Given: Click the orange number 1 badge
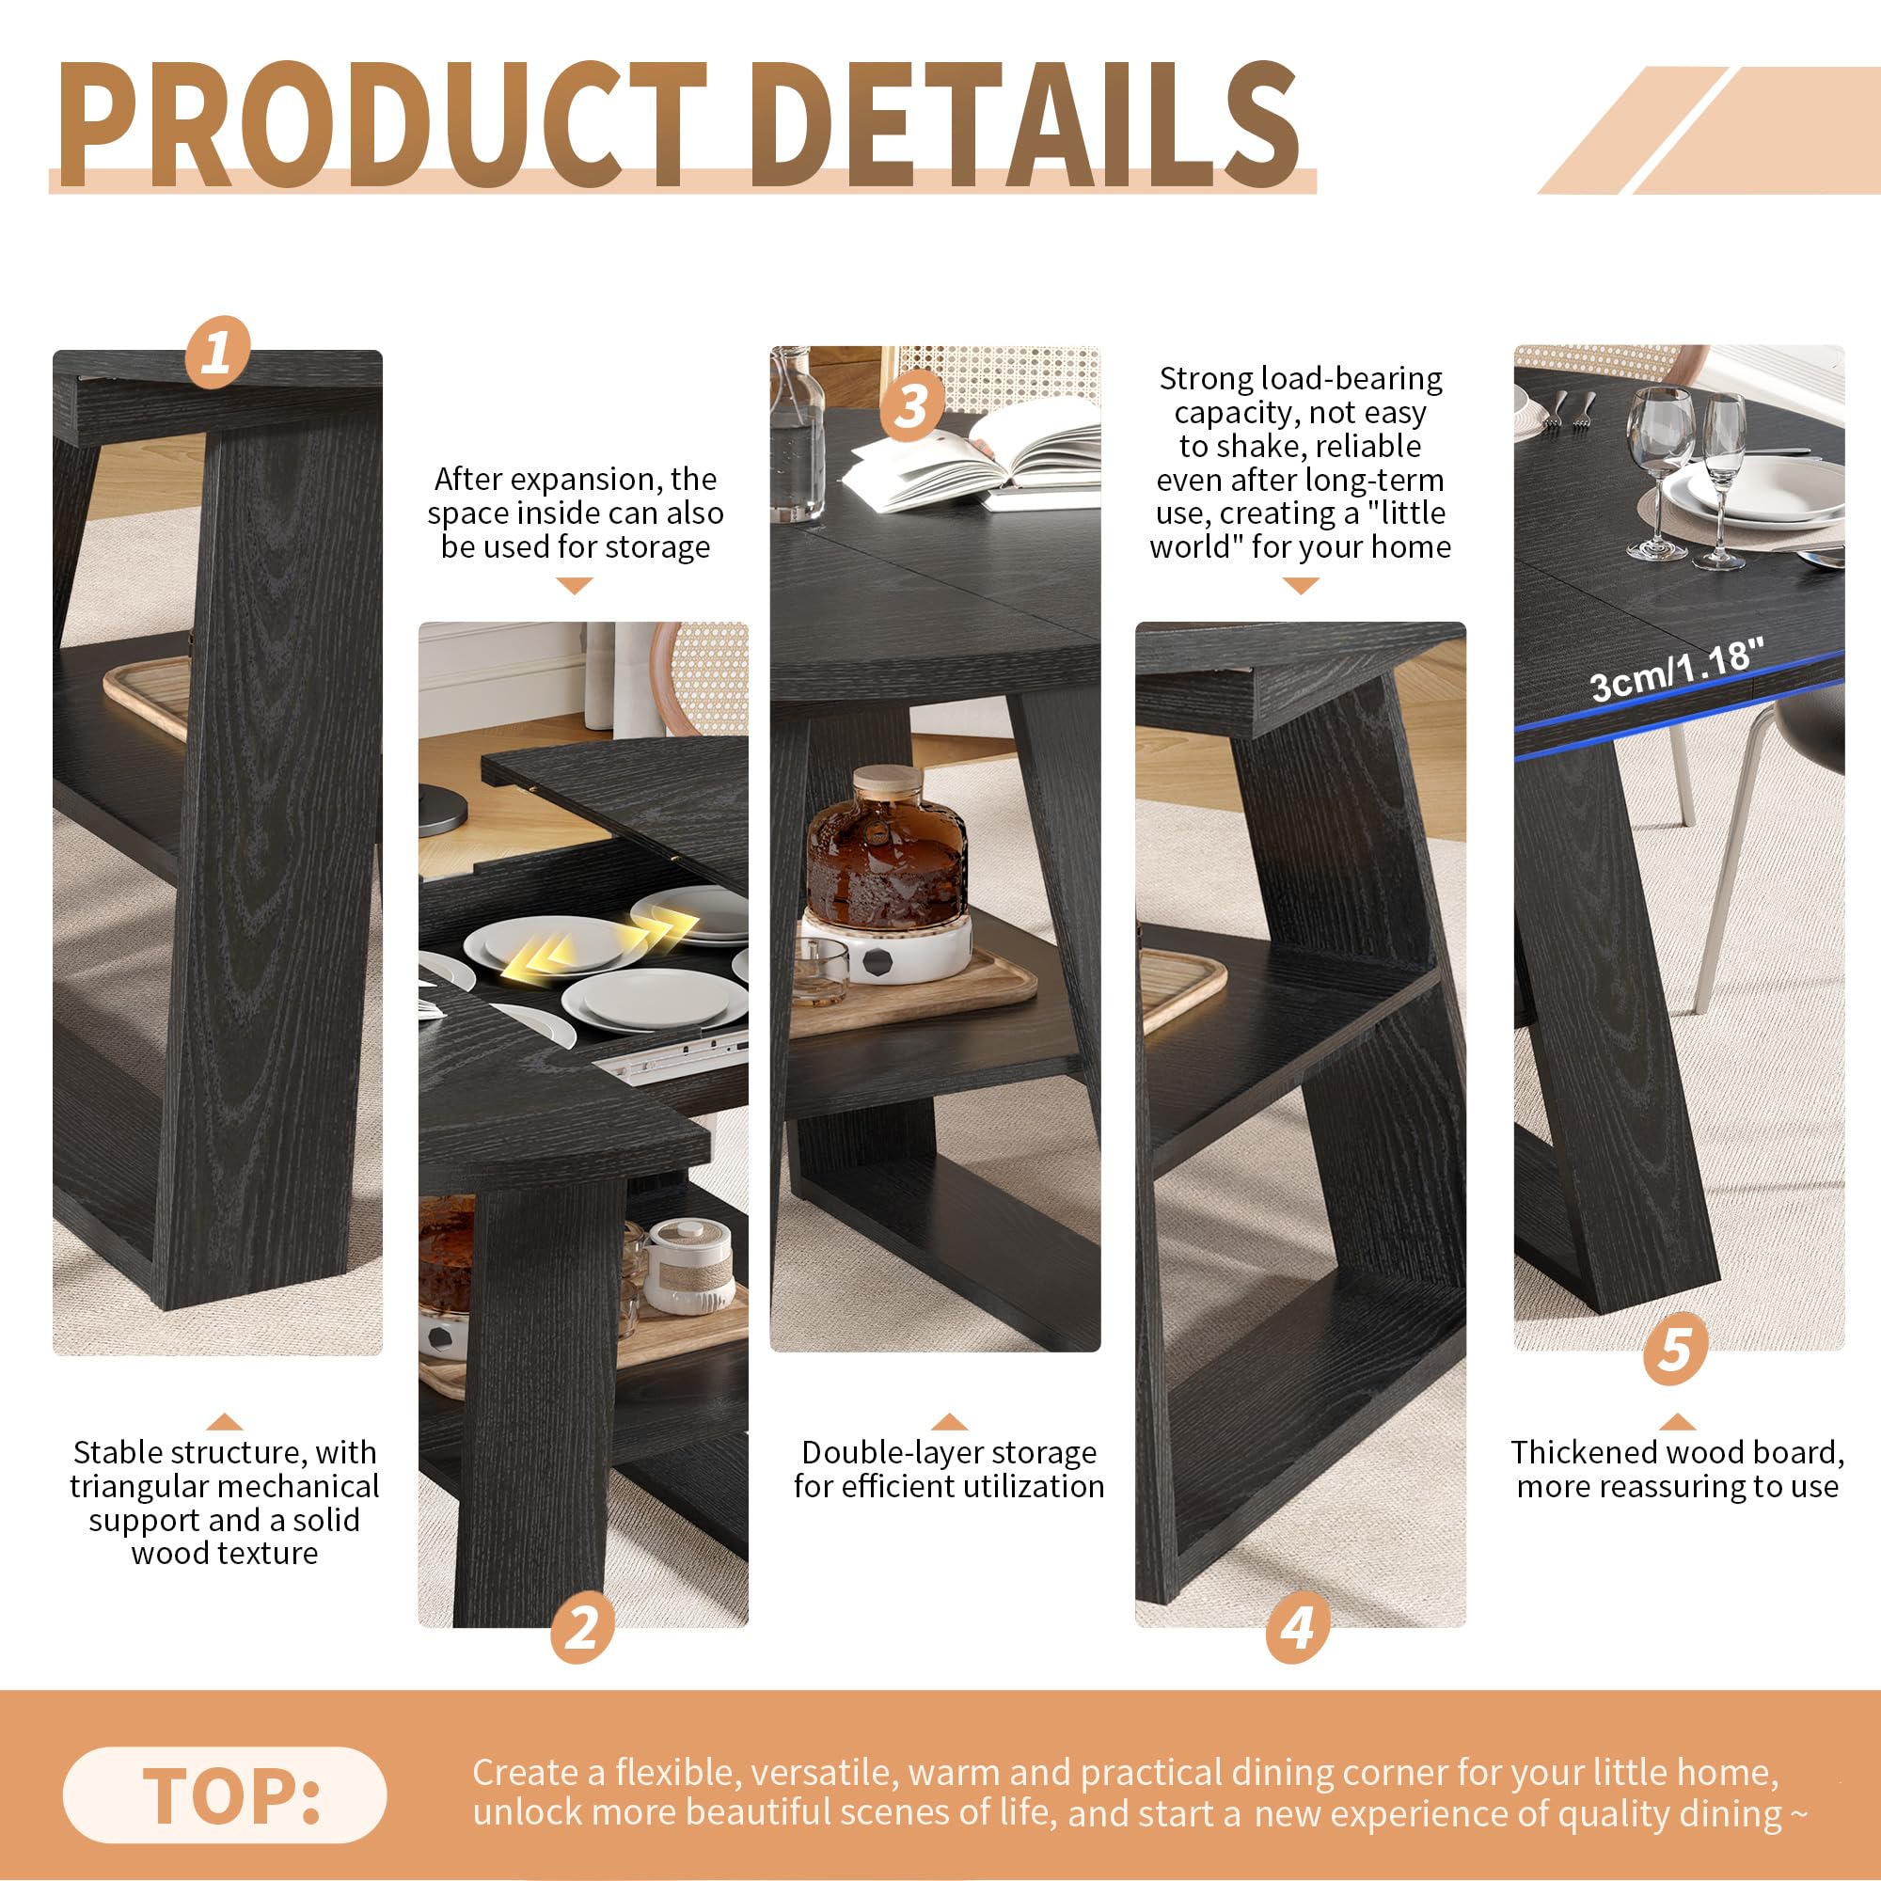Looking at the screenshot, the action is point(217,352).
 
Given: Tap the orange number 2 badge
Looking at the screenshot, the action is point(582,1627).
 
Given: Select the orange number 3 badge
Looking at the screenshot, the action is point(911,405).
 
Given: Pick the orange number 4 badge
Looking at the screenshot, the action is point(1298,1627).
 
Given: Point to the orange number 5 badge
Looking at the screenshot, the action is point(1675,1349).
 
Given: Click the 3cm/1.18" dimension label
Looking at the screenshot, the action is point(1677,670).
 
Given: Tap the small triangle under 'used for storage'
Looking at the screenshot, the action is point(575,585).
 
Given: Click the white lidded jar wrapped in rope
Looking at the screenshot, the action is point(689,1266).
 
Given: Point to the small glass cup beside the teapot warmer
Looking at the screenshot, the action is point(820,971).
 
